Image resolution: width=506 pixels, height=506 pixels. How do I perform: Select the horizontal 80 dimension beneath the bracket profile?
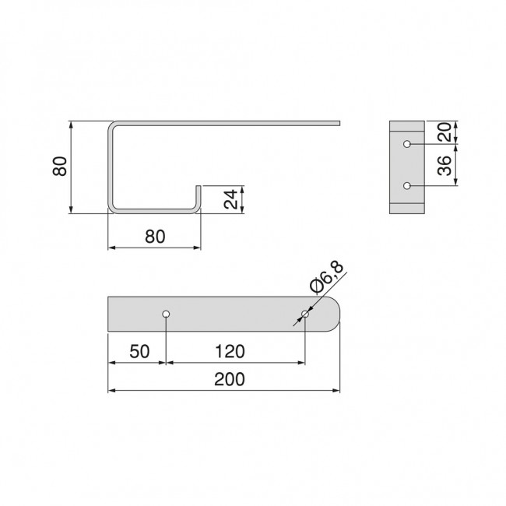point(154,237)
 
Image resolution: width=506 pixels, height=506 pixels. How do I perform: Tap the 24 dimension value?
point(230,199)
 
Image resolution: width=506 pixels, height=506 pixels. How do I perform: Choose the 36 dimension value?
point(443,165)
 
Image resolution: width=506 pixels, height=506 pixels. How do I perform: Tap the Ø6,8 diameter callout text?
point(326,277)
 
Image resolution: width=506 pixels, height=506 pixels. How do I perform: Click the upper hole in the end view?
point(407,145)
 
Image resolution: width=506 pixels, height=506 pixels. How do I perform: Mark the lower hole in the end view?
point(407,186)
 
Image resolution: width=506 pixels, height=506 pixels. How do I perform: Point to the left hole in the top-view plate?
point(166,314)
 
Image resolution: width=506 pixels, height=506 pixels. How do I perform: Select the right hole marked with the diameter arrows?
point(304,314)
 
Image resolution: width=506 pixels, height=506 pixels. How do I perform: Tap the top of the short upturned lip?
point(199,187)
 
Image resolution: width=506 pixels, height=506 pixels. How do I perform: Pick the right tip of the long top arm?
point(339,122)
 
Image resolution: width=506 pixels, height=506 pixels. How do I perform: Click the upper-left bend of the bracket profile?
point(111,125)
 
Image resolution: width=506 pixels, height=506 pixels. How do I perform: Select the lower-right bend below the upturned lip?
point(198,209)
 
